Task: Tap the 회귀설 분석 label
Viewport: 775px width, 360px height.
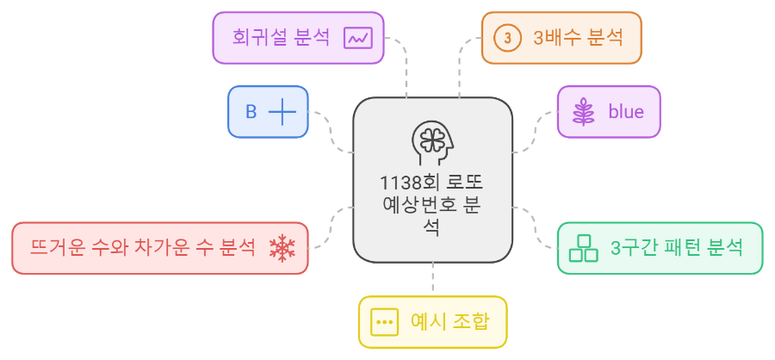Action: click(x=281, y=37)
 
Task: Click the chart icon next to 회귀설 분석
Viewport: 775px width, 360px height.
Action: click(x=357, y=38)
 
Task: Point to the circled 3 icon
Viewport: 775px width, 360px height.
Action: click(x=508, y=38)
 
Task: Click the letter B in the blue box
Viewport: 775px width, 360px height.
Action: click(x=251, y=112)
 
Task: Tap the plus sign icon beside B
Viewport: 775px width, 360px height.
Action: click(x=282, y=112)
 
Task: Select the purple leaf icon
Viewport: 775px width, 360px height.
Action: click(x=585, y=112)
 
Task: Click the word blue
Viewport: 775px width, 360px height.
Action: click(x=625, y=112)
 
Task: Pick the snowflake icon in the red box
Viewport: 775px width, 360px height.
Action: click(x=282, y=248)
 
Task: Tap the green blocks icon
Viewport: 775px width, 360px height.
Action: click(x=585, y=248)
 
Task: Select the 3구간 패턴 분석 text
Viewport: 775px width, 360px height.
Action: click(x=676, y=248)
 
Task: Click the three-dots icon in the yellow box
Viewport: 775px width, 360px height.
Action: click(x=383, y=322)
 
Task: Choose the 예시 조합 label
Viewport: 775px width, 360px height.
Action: click(x=449, y=322)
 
